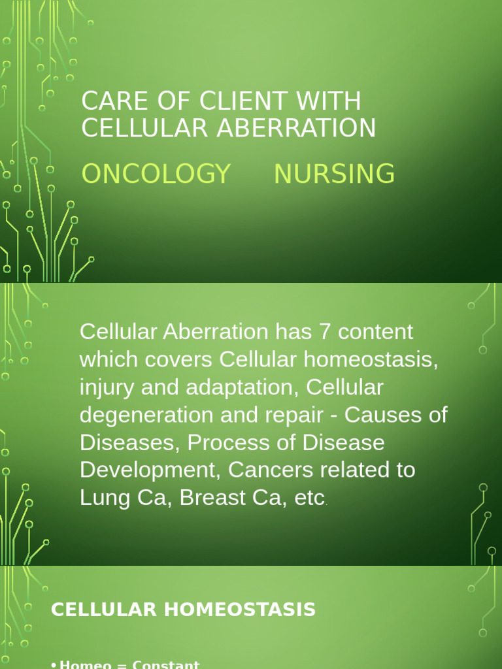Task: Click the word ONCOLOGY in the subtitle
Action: pyautogui.click(x=156, y=174)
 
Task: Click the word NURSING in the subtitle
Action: pyautogui.click(x=334, y=174)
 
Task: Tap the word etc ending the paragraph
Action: pyautogui.click(x=310, y=498)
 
